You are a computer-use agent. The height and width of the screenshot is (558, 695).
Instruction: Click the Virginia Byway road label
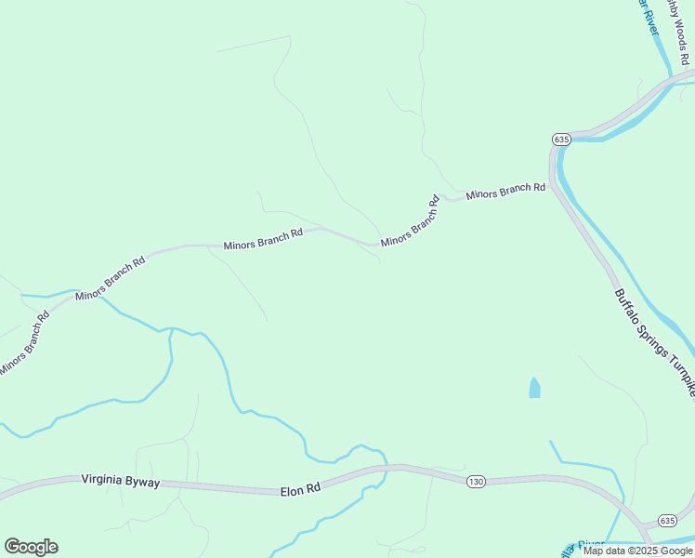(121, 481)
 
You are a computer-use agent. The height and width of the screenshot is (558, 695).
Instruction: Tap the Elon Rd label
(300, 487)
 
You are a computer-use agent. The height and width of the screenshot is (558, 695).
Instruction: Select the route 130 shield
(476, 481)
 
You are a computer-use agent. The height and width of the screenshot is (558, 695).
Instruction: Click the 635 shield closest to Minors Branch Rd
(560, 139)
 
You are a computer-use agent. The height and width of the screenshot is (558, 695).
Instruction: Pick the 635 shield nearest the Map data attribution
(667, 520)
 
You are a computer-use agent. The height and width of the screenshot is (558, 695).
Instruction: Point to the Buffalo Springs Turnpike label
(654, 342)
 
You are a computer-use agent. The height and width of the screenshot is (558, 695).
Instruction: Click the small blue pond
(534, 388)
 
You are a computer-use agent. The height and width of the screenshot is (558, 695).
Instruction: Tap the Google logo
(31, 547)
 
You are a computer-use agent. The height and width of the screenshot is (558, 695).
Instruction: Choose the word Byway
(144, 482)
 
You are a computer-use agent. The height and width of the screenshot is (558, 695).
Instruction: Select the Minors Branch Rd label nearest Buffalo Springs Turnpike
(505, 191)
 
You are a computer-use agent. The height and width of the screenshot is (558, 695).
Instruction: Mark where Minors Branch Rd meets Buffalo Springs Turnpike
(552, 186)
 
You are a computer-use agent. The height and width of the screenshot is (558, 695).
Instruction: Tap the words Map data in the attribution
(604, 551)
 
